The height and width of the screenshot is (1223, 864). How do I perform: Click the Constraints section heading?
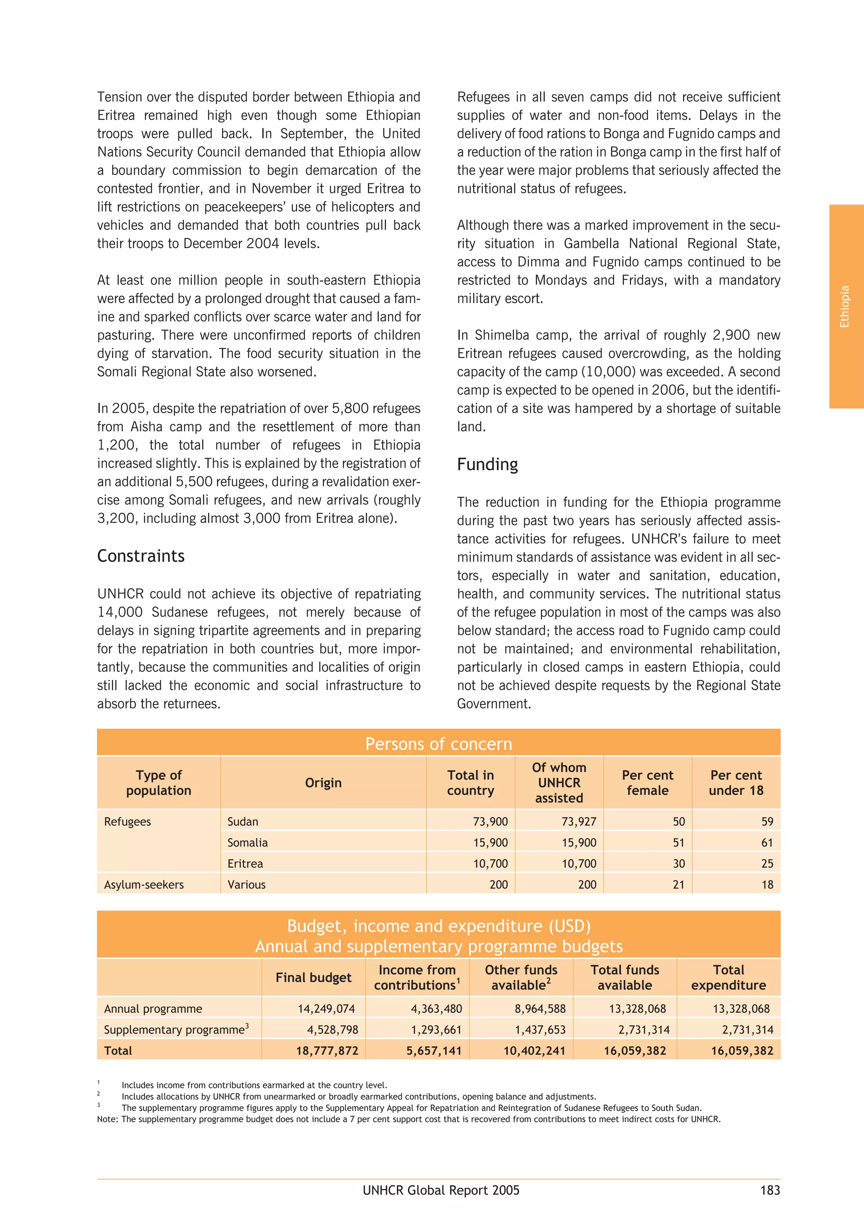pyautogui.click(x=141, y=556)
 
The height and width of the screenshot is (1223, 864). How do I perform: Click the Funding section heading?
pyautogui.click(x=487, y=464)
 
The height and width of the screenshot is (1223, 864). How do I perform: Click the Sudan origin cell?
pyautogui.click(x=243, y=822)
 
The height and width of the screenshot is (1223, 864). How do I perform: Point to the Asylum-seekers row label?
pyautogui.click(x=144, y=884)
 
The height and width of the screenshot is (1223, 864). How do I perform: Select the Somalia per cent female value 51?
pyautogui.click(x=678, y=843)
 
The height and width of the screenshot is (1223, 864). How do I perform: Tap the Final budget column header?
pyautogui.click(x=313, y=978)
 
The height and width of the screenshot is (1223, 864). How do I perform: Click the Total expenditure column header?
pyautogui.click(x=728, y=978)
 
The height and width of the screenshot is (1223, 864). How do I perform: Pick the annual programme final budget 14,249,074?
pyautogui.click(x=326, y=1008)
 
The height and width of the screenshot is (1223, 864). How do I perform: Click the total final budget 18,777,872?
pyautogui.click(x=327, y=1051)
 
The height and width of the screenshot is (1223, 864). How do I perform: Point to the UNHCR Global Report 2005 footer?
pyautogui.click(x=441, y=1190)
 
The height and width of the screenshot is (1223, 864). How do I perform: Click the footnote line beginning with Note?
pyautogui.click(x=408, y=1119)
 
